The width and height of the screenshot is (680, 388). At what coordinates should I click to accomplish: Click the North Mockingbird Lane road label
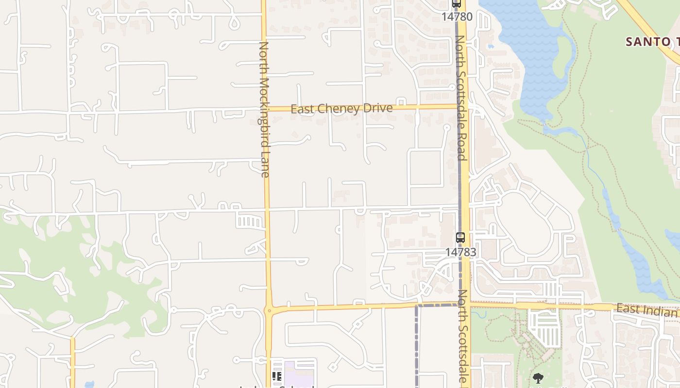pyautogui.click(x=264, y=109)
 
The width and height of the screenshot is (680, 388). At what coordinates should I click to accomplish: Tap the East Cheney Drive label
pyautogui.click(x=341, y=108)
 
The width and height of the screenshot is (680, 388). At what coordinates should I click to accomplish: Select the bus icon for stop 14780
pyautogui.click(x=456, y=4)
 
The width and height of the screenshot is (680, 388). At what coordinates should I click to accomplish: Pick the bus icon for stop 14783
pyautogui.click(x=460, y=238)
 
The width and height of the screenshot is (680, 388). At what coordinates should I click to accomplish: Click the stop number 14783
pyautogui.click(x=460, y=252)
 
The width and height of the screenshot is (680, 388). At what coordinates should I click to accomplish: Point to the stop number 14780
pyautogui.click(x=457, y=17)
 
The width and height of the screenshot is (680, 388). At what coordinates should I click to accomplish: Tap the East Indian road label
pyautogui.click(x=647, y=310)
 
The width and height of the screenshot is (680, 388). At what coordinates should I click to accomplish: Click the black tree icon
pyautogui.click(x=538, y=378)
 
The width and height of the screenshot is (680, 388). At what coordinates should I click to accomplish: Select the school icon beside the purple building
pyautogui.click(x=277, y=376)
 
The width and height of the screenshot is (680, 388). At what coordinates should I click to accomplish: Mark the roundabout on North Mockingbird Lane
pyautogui.click(x=269, y=310)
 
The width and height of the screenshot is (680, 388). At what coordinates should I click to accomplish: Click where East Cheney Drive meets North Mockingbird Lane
pyautogui.click(x=265, y=109)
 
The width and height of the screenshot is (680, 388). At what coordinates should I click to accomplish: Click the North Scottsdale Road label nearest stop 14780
pyautogui.click(x=461, y=97)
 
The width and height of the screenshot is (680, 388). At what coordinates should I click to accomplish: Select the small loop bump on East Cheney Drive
pyautogui.click(x=401, y=101)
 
